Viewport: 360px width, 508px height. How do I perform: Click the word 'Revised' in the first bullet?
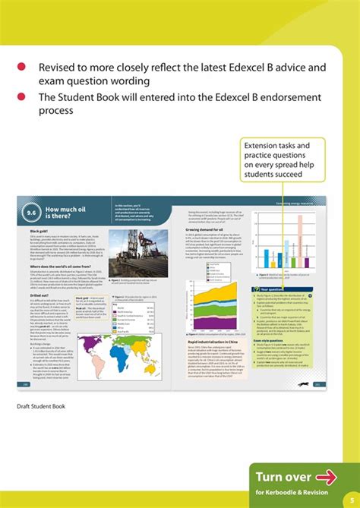click(x=60, y=67)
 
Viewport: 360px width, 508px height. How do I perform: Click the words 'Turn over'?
click(x=283, y=456)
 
